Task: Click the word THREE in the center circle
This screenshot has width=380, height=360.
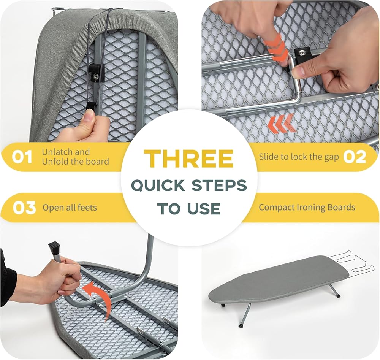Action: pos(189,159)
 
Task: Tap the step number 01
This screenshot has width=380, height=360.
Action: pos(22,157)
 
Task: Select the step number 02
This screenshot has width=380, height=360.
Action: pos(355,157)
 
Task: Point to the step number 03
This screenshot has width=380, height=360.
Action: pos(24,208)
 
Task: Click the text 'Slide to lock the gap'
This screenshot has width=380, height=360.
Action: pos(299,157)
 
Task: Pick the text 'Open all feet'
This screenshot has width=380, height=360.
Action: pos(70,208)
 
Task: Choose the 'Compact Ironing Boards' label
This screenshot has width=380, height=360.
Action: pos(307,208)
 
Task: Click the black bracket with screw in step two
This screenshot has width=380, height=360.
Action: pos(303,54)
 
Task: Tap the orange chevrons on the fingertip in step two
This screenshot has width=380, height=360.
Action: pos(277,48)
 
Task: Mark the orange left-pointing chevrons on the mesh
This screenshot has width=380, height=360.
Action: pos(281,124)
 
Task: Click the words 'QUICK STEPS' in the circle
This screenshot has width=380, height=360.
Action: pos(189,186)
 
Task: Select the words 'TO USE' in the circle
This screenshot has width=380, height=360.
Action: pos(189,209)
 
